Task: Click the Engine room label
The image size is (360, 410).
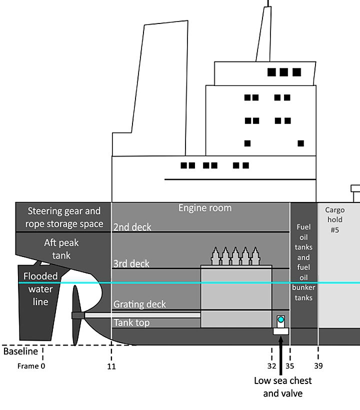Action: [205, 208]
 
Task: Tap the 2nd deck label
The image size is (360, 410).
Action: [132, 227]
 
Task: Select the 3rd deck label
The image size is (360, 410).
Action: [131, 264]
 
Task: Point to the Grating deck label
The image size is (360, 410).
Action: [139, 304]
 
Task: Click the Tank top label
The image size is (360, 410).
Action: [131, 322]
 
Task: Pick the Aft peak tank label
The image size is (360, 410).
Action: [61, 249]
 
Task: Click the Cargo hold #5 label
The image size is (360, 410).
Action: [334, 220]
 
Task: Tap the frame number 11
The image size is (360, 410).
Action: [111, 366]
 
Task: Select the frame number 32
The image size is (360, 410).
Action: [272, 366]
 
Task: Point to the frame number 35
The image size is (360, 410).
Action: [290, 366]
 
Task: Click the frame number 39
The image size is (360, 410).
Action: [318, 366]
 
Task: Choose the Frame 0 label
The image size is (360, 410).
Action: [31, 366]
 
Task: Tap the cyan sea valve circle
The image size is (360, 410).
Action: [281, 319]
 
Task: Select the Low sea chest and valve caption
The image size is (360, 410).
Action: [282, 387]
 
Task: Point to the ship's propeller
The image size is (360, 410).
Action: [75, 315]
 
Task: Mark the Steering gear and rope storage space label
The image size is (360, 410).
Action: [64, 217]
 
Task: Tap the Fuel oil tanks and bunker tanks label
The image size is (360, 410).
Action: [304, 262]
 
